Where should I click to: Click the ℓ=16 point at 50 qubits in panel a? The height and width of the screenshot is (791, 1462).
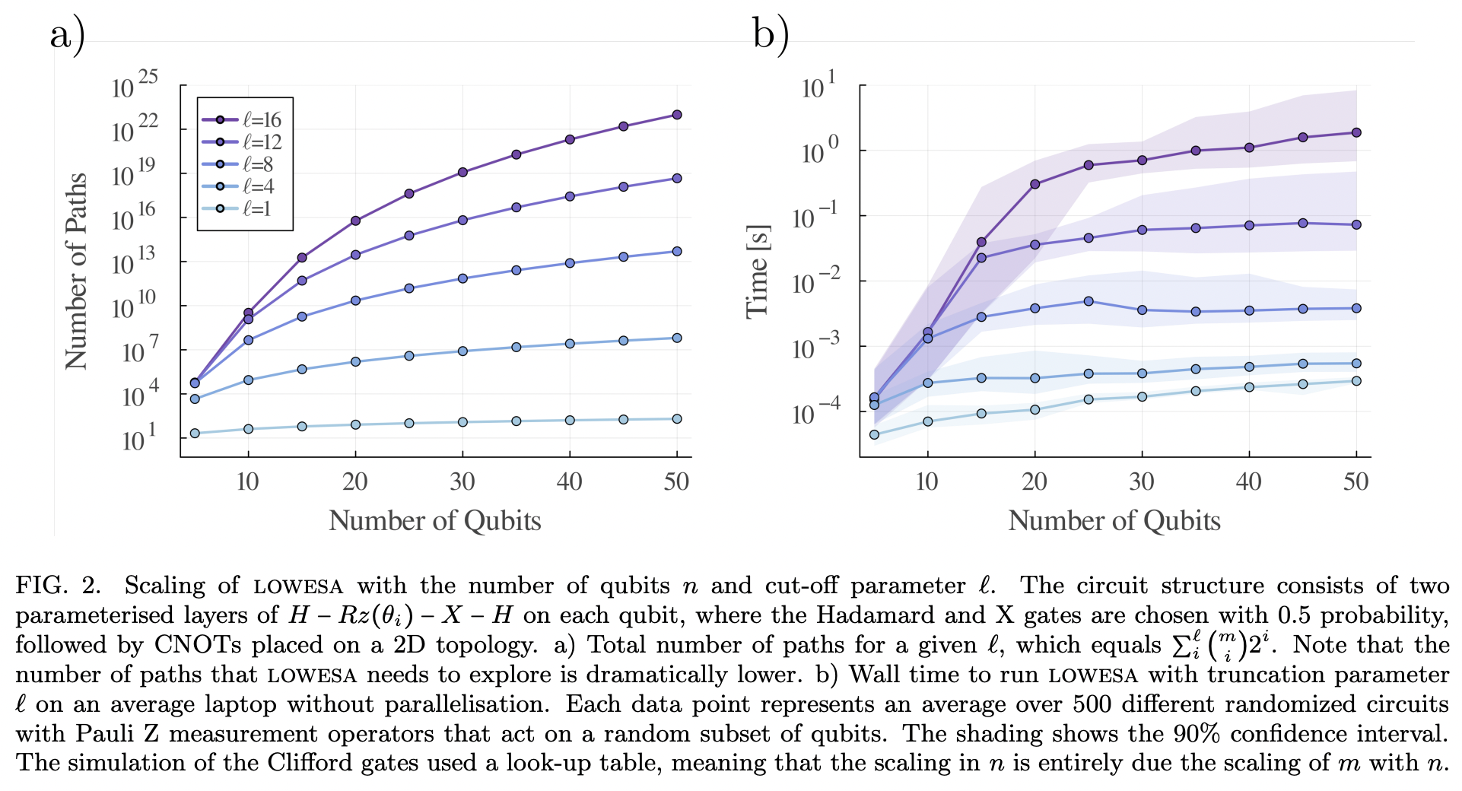[677, 115]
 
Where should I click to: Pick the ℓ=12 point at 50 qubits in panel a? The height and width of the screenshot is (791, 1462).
[677, 178]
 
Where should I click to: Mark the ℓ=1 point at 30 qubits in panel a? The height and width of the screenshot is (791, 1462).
[462, 422]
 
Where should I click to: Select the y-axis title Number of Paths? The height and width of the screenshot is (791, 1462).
[76, 272]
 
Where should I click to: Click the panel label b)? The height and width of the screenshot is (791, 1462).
[770, 34]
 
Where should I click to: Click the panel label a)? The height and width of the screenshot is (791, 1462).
[67, 34]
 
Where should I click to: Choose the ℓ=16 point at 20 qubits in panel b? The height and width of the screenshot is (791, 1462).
[1035, 184]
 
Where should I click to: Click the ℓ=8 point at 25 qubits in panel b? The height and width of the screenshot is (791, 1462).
[1089, 301]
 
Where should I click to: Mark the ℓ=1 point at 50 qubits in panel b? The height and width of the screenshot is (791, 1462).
[1356, 381]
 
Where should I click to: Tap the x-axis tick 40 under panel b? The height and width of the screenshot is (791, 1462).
[1248, 481]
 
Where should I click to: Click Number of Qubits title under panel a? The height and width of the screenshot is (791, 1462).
[434, 521]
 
